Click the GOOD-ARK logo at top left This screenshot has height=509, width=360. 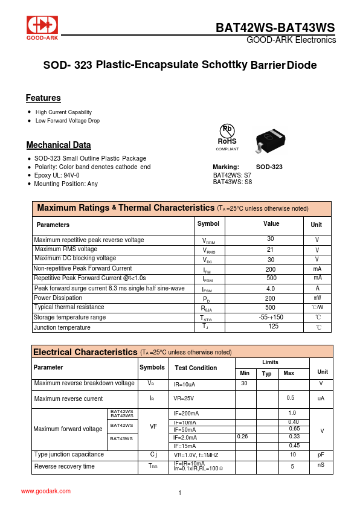pos(43,28)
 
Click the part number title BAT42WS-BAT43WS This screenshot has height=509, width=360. pos(275,28)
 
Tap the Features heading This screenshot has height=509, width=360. pos(43,98)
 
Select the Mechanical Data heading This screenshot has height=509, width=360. pos(59,145)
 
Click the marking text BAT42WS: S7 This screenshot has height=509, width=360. pos(233,175)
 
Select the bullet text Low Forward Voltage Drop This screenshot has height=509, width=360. pos(68,121)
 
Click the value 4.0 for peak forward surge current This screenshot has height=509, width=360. pos(271,289)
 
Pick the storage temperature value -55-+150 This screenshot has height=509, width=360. pos(271,317)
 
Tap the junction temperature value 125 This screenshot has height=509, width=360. pos(273,326)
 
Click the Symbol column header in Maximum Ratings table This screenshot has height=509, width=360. pos(208,224)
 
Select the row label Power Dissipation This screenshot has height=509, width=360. pos(58,298)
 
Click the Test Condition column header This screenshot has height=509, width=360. pos(196,368)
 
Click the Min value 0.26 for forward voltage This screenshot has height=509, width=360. pos(242,436)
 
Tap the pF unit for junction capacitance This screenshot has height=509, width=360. pos(321,455)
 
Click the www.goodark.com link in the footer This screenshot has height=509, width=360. pos(46,491)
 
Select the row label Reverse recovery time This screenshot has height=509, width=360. pos(65,466)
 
